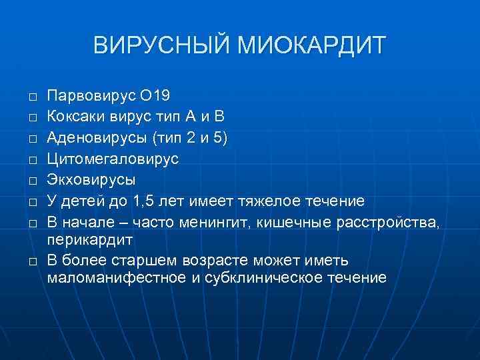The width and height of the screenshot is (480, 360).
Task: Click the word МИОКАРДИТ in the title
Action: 306,46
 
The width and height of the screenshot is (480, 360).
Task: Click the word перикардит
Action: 90,238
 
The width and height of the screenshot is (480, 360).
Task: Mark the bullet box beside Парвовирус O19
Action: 31,96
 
